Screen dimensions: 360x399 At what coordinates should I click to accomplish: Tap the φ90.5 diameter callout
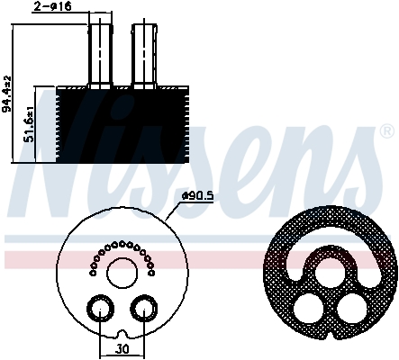tap(196, 196)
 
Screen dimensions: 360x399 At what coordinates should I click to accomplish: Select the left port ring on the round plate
tap(97, 310)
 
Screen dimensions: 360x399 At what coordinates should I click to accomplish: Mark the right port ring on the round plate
tap(142, 310)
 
